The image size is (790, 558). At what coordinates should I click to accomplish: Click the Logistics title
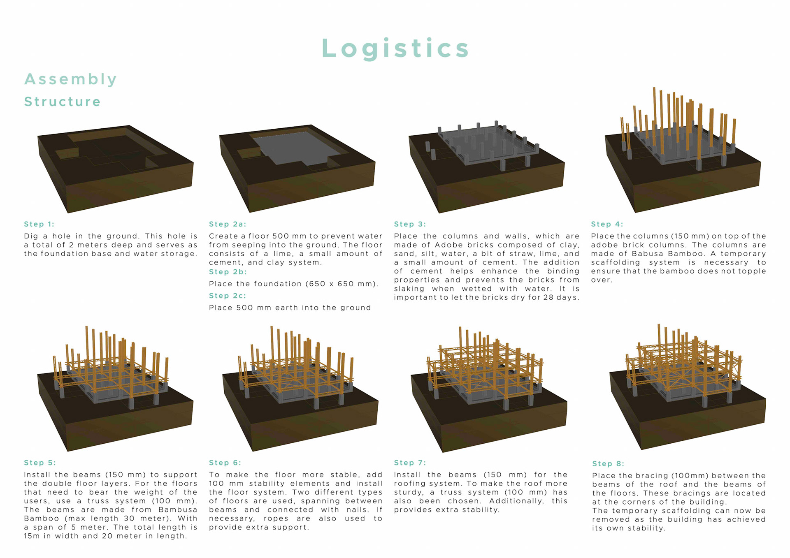click(x=395, y=48)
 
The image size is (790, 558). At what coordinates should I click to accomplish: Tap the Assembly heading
click(x=71, y=79)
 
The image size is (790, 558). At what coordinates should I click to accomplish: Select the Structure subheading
click(x=63, y=102)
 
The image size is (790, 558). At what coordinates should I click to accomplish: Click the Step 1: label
click(x=39, y=224)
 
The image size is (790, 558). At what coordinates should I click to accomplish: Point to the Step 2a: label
click(x=228, y=224)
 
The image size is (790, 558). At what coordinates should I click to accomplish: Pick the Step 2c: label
click(x=228, y=296)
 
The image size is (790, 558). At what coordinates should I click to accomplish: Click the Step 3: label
click(x=410, y=224)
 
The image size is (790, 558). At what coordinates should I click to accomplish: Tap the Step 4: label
click(x=607, y=224)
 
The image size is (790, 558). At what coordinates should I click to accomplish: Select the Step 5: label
click(x=40, y=463)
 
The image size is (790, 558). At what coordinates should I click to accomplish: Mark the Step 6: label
click(x=225, y=463)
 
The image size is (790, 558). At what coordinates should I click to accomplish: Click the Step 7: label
click(x=410, y=463)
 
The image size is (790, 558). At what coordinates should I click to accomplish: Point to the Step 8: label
click(x=608, y=464)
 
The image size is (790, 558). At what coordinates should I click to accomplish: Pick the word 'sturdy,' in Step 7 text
click(x=408, y=493)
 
